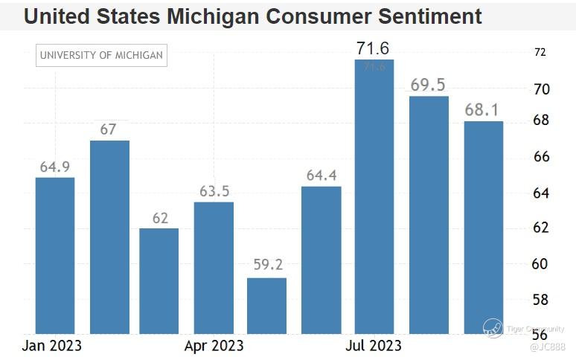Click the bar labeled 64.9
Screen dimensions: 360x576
tap(55, 255)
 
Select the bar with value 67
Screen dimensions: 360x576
tap(109, 237)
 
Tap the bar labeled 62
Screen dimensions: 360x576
tap(159, 280)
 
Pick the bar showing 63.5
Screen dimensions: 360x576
tap(214, 268)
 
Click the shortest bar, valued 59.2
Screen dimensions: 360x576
tap(266, 305)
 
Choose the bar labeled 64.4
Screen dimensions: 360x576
tap(321, 260)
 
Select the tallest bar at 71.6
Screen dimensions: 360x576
tap(374, 196)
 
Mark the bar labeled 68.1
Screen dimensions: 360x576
tap(484, 227)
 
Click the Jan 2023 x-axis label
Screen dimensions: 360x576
tap(51, 346)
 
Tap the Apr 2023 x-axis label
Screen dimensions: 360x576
tap(214, 346)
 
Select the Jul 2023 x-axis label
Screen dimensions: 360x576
tap(372, 346)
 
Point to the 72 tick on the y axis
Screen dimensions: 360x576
tap(540, 52)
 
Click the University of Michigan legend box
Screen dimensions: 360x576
tap(101, 55)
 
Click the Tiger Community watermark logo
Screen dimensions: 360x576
tap(493, 327)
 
